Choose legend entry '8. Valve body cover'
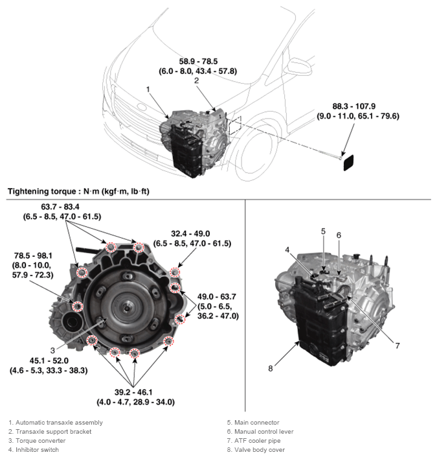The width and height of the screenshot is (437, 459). tap(255, 449)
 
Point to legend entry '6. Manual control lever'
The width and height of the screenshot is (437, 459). tap(260, 431)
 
